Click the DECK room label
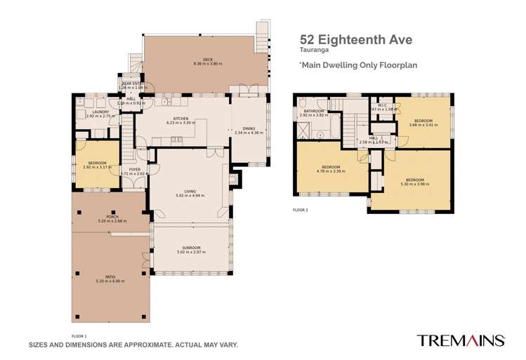tap(207, 60)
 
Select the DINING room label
tap(249, 128)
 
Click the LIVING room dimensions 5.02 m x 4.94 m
tap(190, 195)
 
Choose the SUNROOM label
tap(191, 248)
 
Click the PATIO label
tap(110, 278)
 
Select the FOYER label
tap(134, 170)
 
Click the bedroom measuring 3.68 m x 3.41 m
tap(424, 123)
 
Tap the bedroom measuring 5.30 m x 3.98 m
tap(414, 182)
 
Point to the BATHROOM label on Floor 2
tap(313, 112)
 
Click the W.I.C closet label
tap(383, 107)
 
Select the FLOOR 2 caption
tap(301, 210)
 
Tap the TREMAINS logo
tap(461, 340)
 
